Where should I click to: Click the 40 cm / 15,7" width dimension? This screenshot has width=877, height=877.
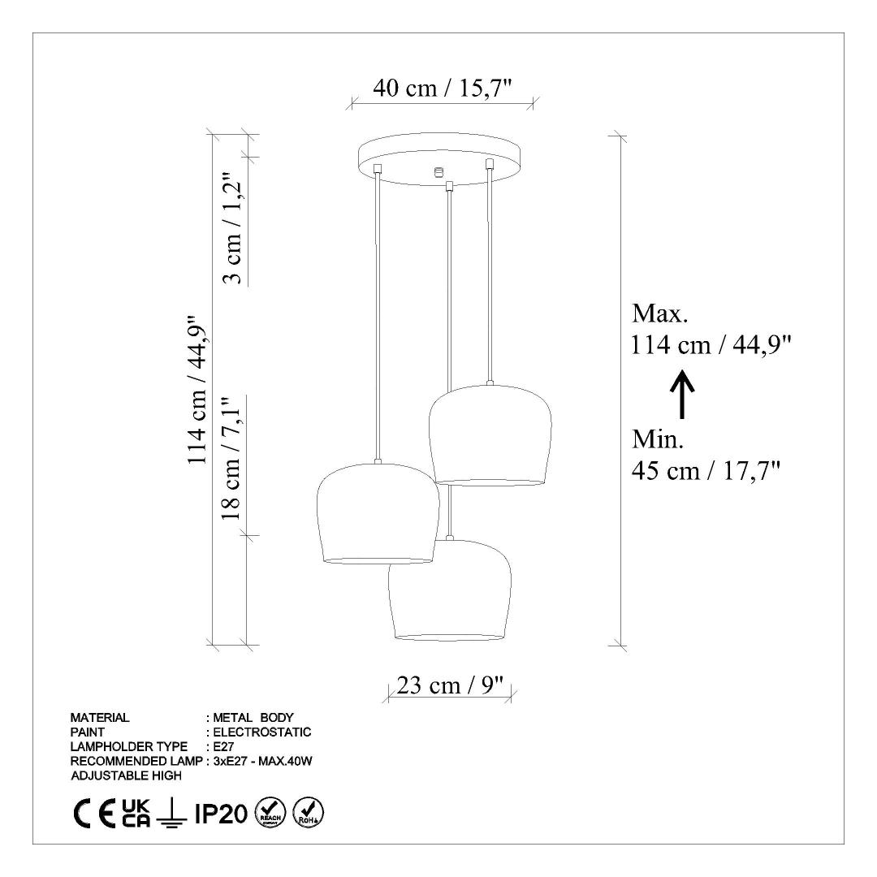click(443, 88)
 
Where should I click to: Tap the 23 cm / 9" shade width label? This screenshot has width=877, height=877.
click(451, 685)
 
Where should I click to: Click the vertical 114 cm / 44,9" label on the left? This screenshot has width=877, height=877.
click(198, 390)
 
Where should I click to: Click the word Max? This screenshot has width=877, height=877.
click(659, 313)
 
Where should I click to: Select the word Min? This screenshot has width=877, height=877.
click(658, 439)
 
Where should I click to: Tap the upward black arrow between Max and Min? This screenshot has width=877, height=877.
click(682, 395)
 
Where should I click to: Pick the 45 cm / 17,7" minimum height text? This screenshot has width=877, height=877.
click(706, 471)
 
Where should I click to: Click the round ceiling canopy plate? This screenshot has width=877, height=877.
click(439, 158)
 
